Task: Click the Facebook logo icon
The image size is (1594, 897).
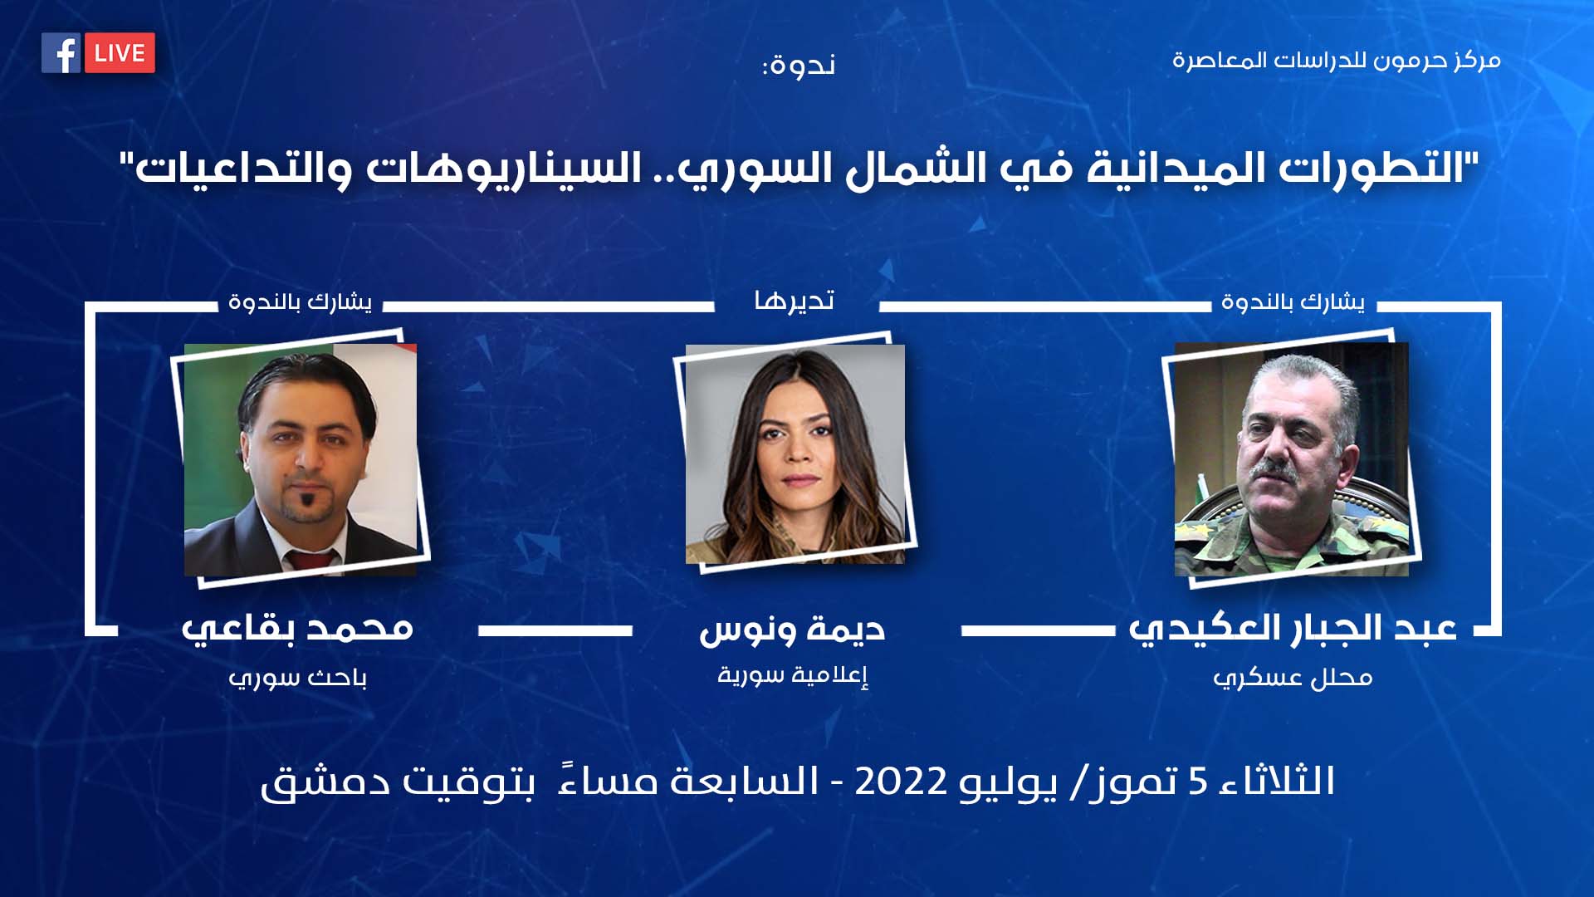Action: point(61,53)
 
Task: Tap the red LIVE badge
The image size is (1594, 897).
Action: point(120,53)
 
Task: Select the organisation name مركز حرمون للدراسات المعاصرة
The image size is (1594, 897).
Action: point(1336,61)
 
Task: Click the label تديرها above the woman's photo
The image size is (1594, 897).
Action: point(795,300)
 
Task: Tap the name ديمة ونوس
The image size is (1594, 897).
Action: point(792,630)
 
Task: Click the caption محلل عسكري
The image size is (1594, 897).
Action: point(1293,678)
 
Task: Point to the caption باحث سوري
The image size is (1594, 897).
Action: point(297,678)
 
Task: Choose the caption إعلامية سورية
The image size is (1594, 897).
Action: point(793,674)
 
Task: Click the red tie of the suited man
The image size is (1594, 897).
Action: point(311,559)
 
